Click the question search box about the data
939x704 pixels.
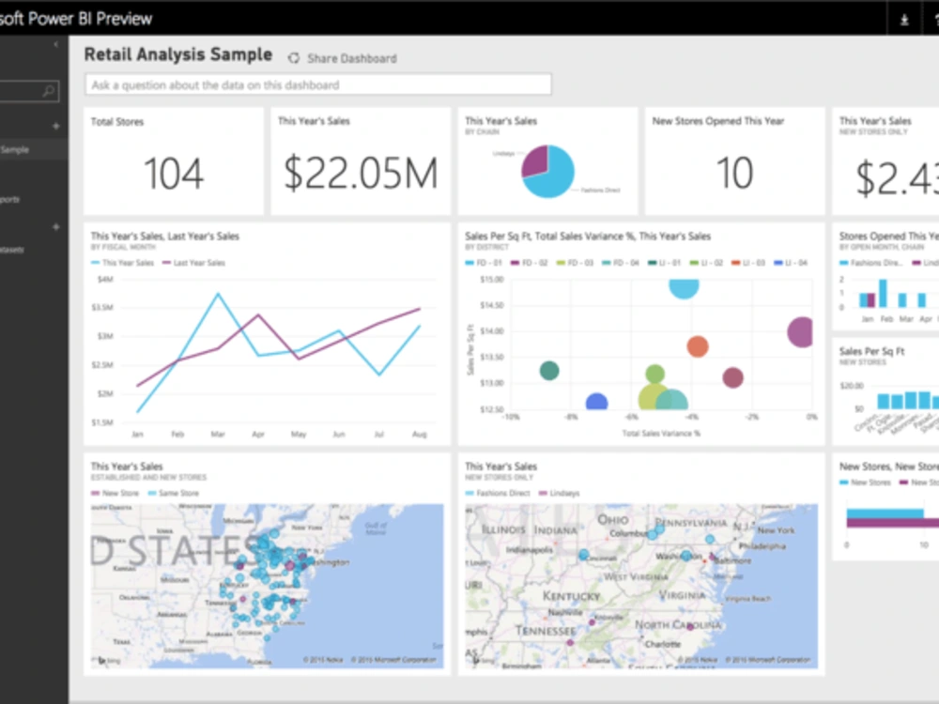(317, 85)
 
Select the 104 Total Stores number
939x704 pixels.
(174, 174)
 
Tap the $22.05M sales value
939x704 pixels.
(361, 174)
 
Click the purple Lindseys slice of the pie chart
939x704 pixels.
(535, 161)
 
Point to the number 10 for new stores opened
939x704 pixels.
(734, 174)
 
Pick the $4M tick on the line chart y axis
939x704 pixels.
(104, 279)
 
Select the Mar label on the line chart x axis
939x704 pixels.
(218, 435)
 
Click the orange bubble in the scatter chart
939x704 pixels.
(697, 346)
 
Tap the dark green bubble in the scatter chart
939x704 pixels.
(549, 371)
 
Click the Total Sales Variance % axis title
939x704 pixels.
(662, 434)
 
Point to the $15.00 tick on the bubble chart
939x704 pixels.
(492, 279)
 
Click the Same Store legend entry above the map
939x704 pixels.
(177, 493)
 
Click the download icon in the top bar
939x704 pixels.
(904, 20)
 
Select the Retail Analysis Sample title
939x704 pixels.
(178, 54)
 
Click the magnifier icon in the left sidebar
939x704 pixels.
(49, 91)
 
